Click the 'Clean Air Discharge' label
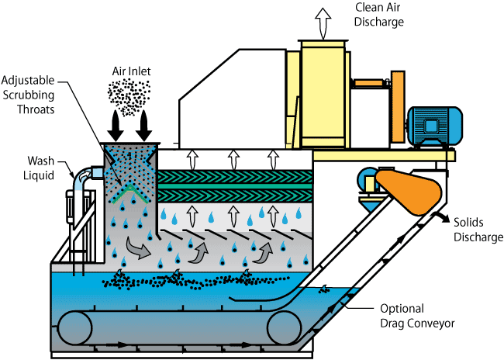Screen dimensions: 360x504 tap(379, 15)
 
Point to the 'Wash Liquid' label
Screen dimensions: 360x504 tap(40, 168)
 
